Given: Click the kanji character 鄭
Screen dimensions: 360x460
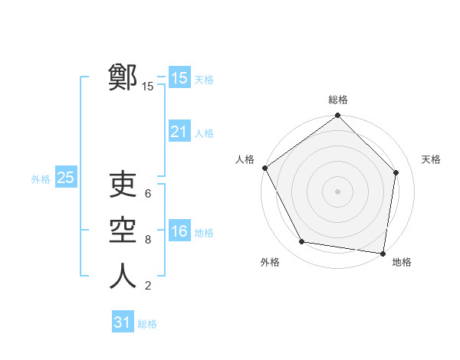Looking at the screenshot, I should [x=123, y=77].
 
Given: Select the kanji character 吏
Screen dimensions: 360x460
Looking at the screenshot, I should [x=123, y=185].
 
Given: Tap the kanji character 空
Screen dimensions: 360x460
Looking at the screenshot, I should [x=123, y=231].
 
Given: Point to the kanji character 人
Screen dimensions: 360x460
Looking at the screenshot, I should [x=123, y=276].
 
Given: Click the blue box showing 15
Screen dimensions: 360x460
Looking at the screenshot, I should [x=179, y=78].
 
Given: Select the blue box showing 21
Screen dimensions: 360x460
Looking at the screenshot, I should [x=179, y=133].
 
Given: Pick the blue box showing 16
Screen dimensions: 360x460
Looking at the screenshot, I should [x=179, y=232].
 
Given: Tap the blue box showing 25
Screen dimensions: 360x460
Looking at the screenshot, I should [x=66, y=178].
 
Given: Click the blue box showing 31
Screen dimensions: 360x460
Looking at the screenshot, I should [x=123, y=322].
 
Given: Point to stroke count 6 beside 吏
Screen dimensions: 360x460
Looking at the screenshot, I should [x=148, y=194].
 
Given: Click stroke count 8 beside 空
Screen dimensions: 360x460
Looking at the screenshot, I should [x=148, y=240].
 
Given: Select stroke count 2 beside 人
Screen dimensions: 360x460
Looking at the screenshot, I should [x=148, y=286].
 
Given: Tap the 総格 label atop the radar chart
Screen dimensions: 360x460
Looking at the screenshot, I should [x=338, y=100].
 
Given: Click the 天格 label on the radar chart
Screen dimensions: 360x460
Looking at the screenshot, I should [x=432, y=159].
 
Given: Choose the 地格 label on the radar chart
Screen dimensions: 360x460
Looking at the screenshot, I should [x=402, y=262].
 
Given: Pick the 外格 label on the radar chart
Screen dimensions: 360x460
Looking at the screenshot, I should [x=270, y=262].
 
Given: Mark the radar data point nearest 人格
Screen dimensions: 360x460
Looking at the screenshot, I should [x=265, y=168].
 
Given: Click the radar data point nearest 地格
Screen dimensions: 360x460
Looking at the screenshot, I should [x=383, y=252].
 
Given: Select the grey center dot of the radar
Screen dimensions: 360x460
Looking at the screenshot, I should [x=337, y=191].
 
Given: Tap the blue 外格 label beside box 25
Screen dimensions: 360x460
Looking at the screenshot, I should [x=41, y=179].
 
